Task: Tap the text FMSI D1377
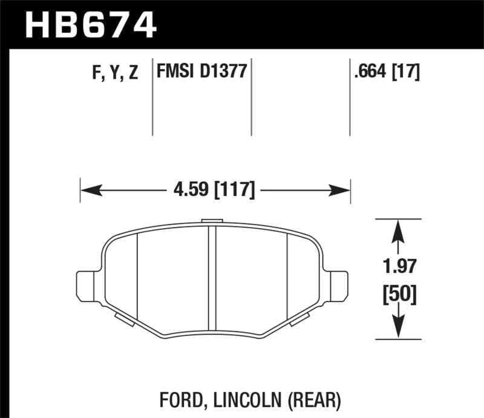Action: point(201,73)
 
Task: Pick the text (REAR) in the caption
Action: point(316,400)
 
